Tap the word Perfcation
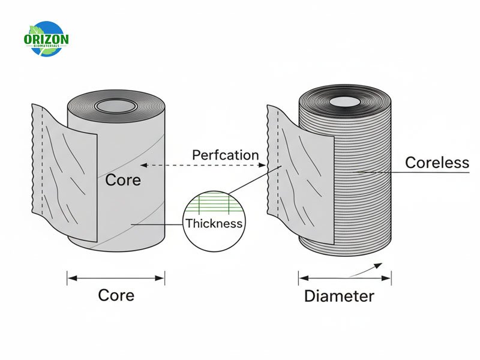pyautogui.click(x=225, y=155)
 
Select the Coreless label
pyautogui.click(x=437, y=163)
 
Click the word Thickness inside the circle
pyautogui.click(x=214, y=224)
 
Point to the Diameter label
pyautogui.click(x=339, y=296)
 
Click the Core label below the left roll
pyautogui.click(x=116, y=295)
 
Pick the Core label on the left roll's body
pyautogui.click(x=123, y=179)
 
